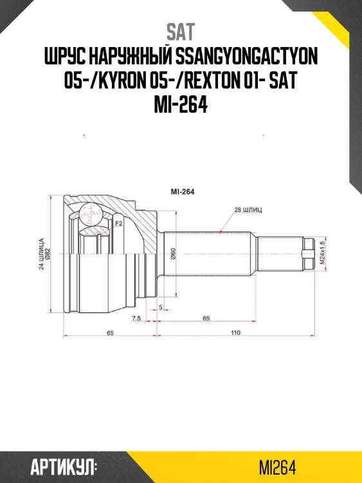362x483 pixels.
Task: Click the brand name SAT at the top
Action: coord(181,31)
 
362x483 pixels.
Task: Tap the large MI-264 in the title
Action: coord(181,104)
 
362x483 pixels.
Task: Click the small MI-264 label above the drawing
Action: coord(182,191)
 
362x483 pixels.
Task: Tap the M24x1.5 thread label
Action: coord(322,253)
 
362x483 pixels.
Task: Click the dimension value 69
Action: coord(206,318)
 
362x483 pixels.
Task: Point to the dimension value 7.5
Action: coord(136,318)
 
